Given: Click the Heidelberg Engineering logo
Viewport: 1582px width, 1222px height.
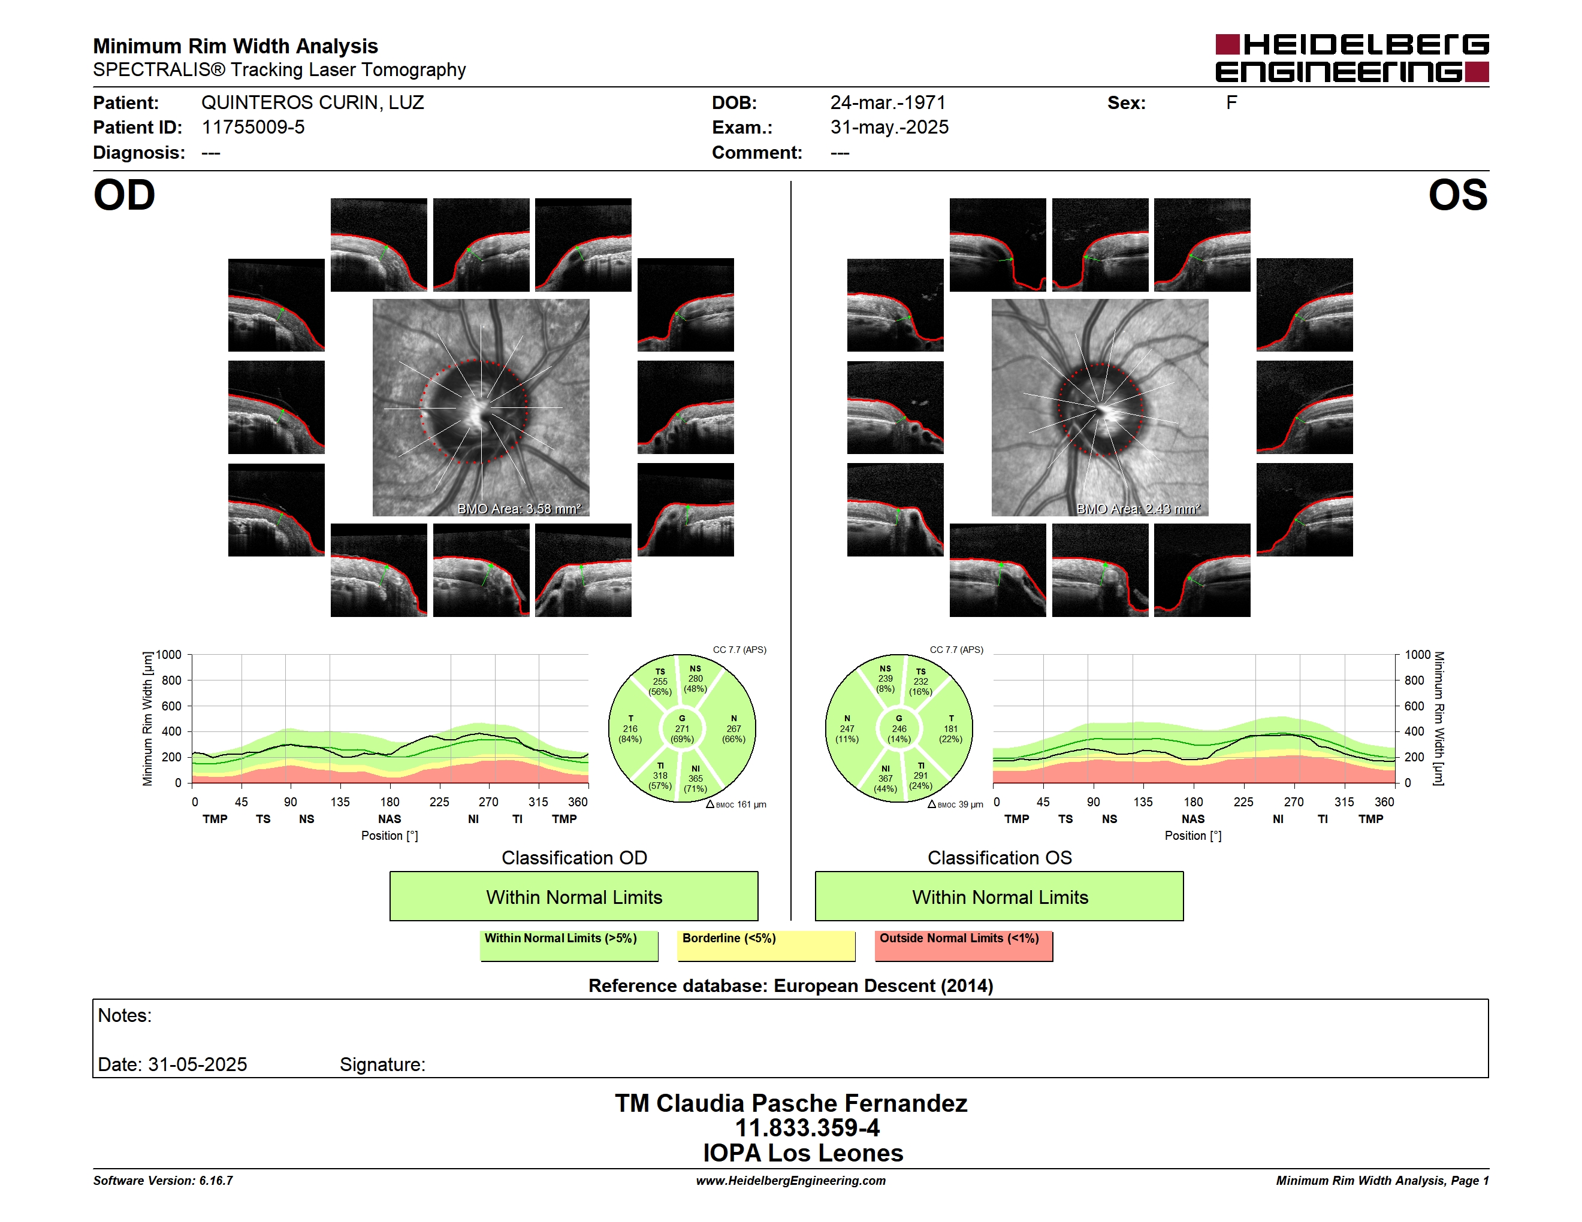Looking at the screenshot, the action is (x=1352, y=58).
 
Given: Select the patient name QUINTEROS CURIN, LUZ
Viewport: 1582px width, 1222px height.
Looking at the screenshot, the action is (x=312, y=103).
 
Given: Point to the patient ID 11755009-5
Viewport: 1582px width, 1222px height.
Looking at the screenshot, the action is (x=253, y=128).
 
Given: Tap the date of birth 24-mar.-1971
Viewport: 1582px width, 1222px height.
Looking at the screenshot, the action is (x=887, y=103).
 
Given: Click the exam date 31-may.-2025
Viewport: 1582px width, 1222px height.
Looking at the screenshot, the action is (x=889, y=128).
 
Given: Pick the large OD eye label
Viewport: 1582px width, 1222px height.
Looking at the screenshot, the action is (x=124, y=195).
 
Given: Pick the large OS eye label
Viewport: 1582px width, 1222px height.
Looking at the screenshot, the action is (x=1457, y=195).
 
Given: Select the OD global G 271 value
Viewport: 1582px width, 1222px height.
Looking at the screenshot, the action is (x=681, y=729).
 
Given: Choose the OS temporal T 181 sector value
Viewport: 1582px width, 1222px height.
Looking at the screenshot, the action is (x=950, y=729).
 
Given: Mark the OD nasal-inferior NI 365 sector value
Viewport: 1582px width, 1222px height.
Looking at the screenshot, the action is (x=695, y=779).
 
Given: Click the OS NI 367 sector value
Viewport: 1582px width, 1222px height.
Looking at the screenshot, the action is (x=885, y=779).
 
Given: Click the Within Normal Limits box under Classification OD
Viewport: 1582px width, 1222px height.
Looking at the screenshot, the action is (x=573, y=896).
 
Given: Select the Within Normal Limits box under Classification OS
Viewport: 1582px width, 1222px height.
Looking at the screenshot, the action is (x=1000, y=896).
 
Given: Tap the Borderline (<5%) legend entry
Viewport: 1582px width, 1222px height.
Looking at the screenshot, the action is (x=766, y=945).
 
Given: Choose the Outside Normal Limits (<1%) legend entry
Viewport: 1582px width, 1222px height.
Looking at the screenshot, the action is (x=964, y=945).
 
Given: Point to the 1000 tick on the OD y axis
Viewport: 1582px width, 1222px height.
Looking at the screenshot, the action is (x=169, y=655).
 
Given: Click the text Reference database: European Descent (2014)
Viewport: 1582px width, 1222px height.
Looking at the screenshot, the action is (x=791, y=986).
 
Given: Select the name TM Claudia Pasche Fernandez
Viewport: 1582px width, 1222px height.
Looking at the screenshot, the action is (x=791, y=1103).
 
